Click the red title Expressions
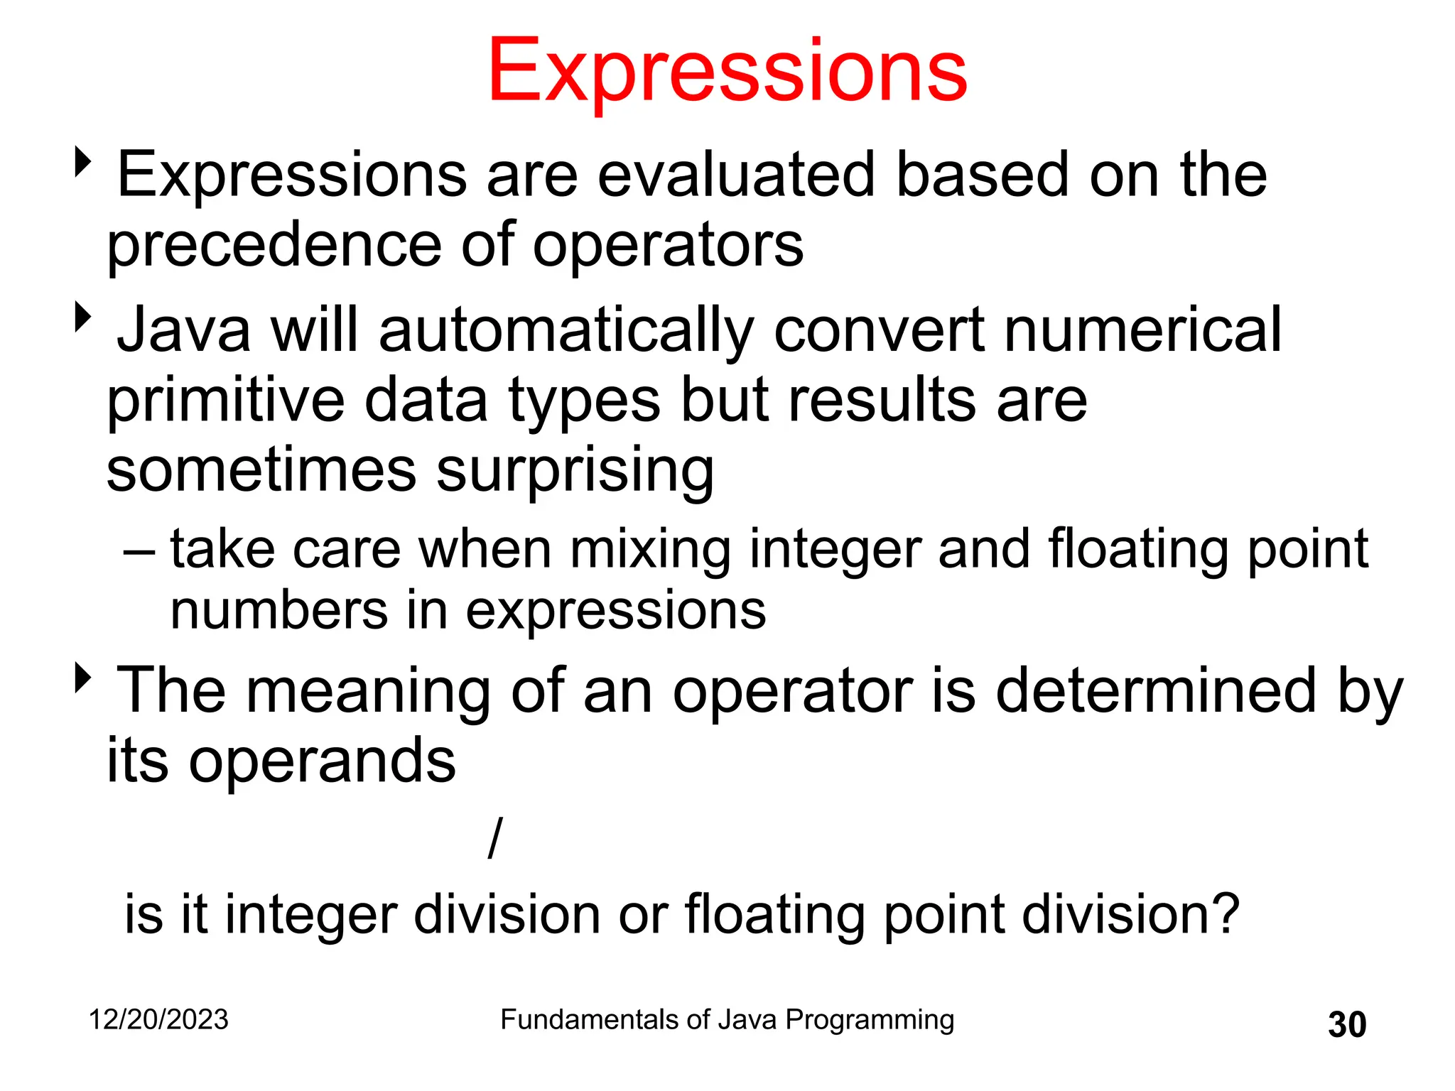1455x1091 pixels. (x=727, y=71)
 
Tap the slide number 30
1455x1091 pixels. (x=1346, y=1024)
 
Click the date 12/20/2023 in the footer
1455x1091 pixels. (x=158, y=1019)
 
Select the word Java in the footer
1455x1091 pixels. (x=747, y=1019)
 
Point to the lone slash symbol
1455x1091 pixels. (x=495, y=837)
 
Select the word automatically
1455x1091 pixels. (x=566, y=330)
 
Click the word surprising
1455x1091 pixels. (x=575, y=471)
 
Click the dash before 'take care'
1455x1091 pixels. (x=138, y=550)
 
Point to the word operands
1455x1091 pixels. (x=322, y=761)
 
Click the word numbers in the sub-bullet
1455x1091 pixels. (x=278, y=611)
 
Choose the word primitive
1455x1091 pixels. (x=226, y=400)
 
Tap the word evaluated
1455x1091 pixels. (x=736, y=175)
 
